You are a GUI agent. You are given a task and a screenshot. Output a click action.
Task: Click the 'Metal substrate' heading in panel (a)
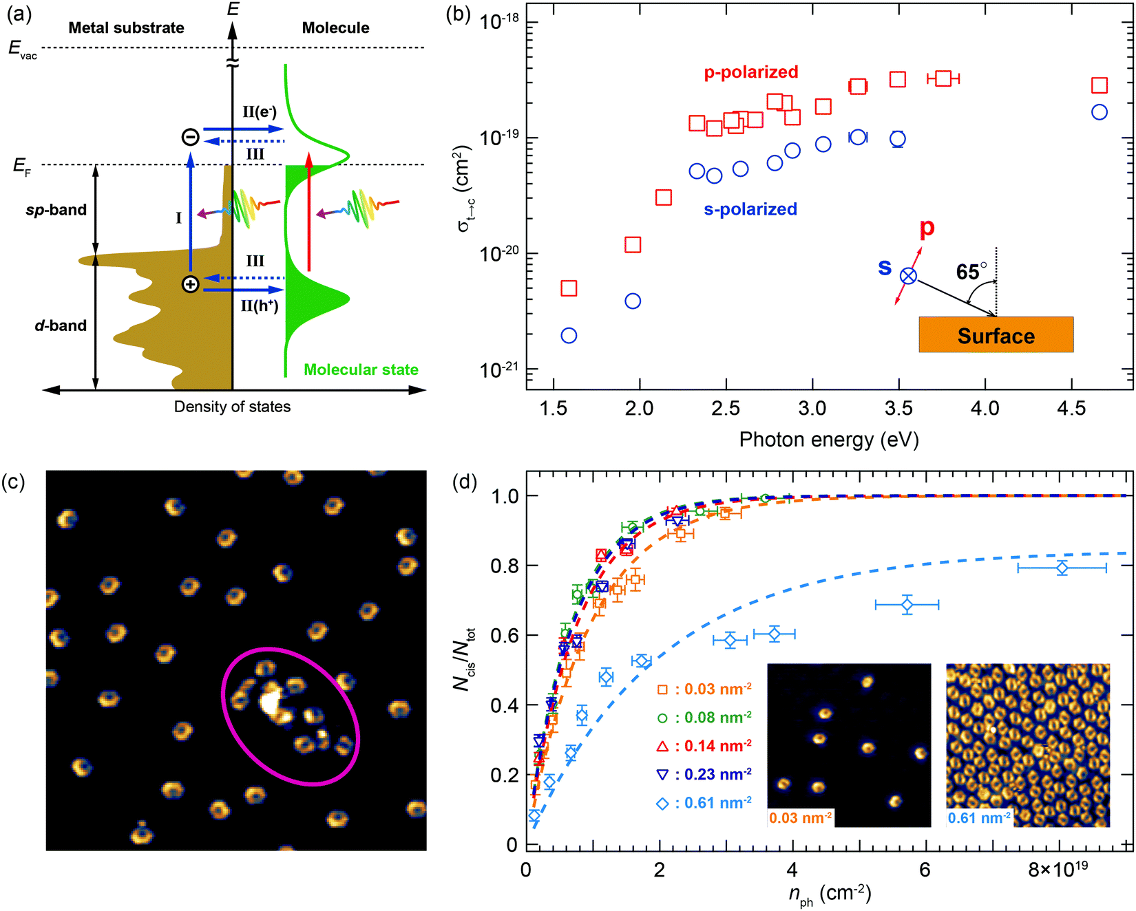[x=126, y=28]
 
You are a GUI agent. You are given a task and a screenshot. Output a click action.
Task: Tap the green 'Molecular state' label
[x=361, y=370]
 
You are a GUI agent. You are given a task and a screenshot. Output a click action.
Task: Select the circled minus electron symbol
[x=191, y=137]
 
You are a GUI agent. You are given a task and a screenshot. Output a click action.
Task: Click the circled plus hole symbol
[x=191, y=283]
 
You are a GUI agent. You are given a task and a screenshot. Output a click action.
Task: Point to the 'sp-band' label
[x=56, y=210]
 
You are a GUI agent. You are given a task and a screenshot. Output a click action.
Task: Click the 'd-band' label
[x=61, y=325]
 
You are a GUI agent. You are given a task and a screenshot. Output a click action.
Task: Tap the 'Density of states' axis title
[x=232, y=407]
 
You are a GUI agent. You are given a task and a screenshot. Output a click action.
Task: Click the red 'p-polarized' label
[x=750, y=72]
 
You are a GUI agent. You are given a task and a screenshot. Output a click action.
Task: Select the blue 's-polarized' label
[x=750, y=209]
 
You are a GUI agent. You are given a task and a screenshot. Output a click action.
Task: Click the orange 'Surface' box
[x=996, y=335]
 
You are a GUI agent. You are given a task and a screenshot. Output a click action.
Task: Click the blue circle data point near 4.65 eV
[x=1099, y=112]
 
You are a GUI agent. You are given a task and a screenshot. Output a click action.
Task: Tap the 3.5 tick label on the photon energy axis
[x=898, y=409]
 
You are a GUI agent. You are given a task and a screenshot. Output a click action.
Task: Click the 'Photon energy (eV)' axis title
[x=829, y=440]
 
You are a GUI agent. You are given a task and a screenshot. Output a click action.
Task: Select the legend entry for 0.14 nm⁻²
[x=706, y=746]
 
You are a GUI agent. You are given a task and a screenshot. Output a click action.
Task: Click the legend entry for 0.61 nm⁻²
[x=706, y=803]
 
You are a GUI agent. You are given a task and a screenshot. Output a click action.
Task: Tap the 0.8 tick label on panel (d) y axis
[x=504, y=566]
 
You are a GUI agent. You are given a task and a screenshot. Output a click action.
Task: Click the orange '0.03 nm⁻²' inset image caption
[x=801, y=818]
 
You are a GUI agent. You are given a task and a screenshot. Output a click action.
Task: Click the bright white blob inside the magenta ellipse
[x=270, y=701]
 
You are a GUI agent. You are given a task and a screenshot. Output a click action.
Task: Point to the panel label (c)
[x=14, y=481]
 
